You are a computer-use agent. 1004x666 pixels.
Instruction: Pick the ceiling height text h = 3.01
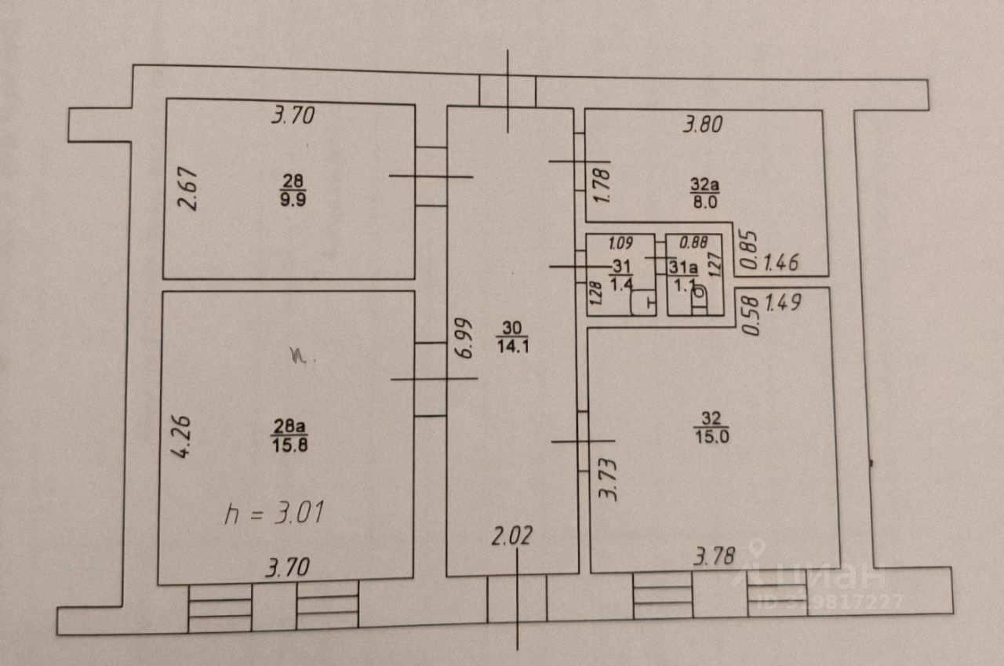pyautogui.click(x=275, y=515)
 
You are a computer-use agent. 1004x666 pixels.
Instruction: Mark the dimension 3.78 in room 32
pyautogui.click(x=714, y=558)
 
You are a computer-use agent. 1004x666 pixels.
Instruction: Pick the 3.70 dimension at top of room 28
pyautogui.click(x=293, y=117)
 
